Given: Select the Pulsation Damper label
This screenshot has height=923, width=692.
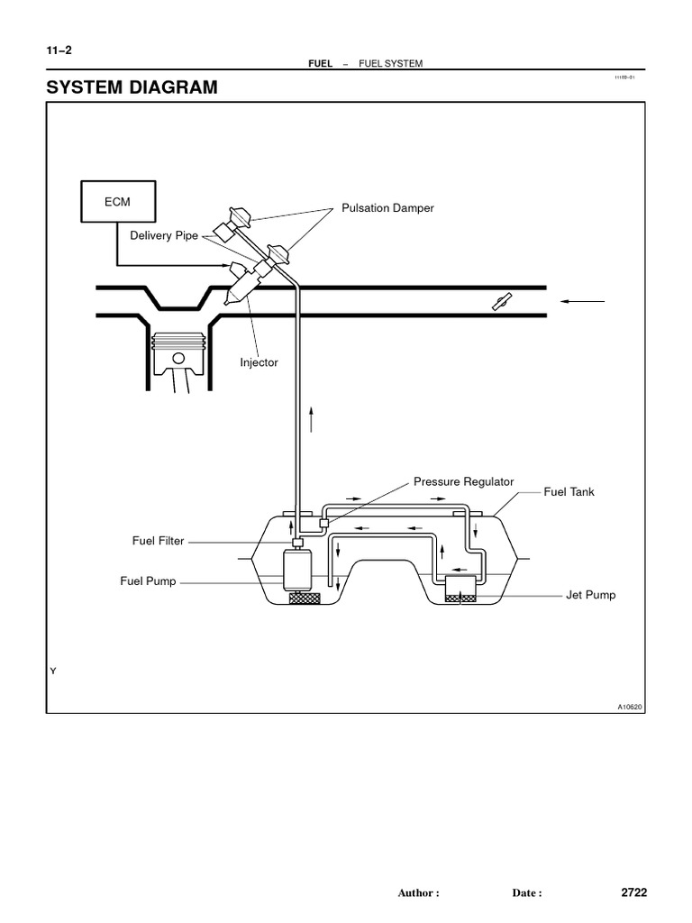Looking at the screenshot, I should pyautogui.click(x=387, y=208).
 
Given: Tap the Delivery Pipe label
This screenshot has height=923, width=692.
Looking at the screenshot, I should pyautogui.click(x=163, y=236).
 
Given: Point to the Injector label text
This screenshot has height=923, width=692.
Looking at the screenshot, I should pyautogui.click(x=259, y=362).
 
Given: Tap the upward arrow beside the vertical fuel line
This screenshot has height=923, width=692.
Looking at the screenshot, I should pyautogui.click(x=312, y=418).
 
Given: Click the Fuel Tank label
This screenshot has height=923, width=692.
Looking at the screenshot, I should pyautogui.click(x=569, y=492).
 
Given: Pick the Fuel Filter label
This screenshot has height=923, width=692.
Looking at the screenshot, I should pyautogui.click(x=159, y=541).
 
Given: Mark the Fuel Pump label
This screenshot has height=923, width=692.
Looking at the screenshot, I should pyautogui.click(x=148, y=581).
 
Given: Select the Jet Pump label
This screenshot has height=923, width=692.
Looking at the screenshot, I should pyautogui.click(x=590, y=596).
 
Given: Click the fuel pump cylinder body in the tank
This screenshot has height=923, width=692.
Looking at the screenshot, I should pyautogui.click(x=296, y=571).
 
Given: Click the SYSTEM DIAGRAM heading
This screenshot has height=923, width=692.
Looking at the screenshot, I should pyautogui.click(x=132, y=88).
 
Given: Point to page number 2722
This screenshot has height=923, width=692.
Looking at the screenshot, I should pyautogui.click(x=634, y=892).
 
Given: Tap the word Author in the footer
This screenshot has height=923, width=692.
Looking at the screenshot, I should pyautogui.click(x=418, y=893).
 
